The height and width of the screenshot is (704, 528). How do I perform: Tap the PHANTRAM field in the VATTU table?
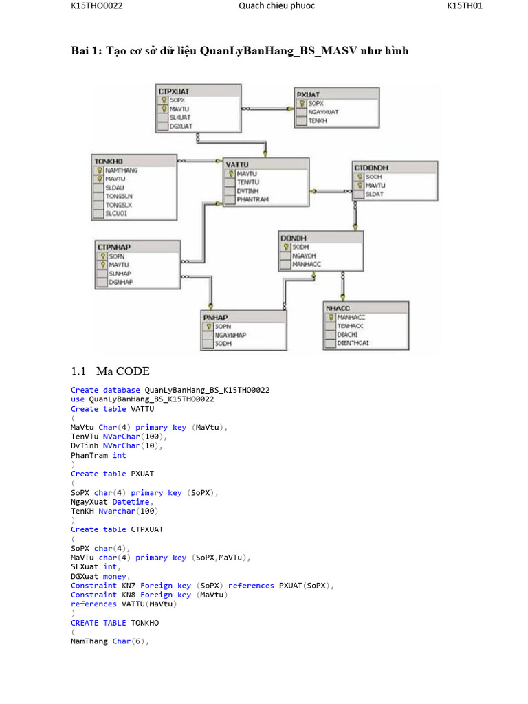[252, 199]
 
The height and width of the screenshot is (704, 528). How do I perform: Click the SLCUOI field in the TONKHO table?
[116, 213]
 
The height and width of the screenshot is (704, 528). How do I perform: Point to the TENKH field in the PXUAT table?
[318, 121]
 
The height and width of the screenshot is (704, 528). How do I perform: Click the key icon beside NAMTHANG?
[99, 170]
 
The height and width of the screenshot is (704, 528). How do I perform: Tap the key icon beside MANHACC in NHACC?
[331, 317]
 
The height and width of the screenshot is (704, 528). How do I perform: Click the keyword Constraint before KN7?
[93, 586]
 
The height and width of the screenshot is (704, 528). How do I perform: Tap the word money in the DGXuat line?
[115, 576]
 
